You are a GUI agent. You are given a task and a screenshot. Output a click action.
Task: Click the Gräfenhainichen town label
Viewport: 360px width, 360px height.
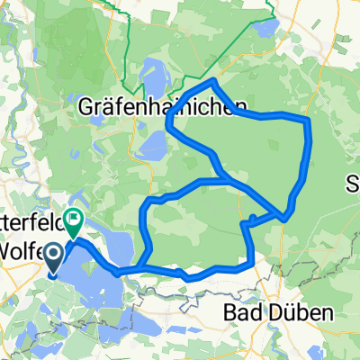[x=158, y=106]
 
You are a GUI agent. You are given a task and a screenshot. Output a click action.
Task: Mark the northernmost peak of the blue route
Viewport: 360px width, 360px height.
[x=213, y=81]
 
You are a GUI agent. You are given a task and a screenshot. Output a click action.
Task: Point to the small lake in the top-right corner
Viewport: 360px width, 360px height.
[x=266, y=30]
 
